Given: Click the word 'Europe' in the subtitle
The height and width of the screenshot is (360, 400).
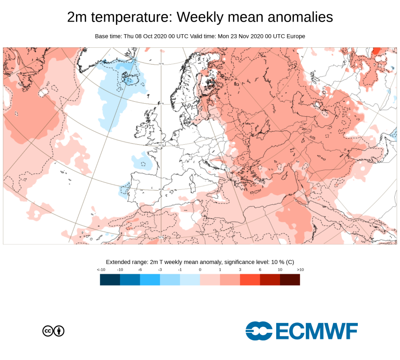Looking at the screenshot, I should [x=295, y=36].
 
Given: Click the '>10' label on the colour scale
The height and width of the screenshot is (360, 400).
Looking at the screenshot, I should [x=300, y=270].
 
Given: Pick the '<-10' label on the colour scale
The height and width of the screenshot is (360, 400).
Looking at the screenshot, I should [x=100, y=270].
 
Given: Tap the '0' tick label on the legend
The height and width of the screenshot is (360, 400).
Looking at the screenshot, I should [x=200, y=270].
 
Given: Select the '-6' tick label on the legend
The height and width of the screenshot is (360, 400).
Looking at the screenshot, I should [x=140, y=270].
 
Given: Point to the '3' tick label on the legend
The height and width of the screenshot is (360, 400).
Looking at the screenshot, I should [x=240, y=270].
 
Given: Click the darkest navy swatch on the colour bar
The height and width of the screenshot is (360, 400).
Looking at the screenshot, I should [x=110, y=280].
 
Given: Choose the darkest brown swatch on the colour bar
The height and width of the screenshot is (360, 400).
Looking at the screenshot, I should [x=290, y=280].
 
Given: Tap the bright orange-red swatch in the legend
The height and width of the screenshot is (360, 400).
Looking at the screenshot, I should [x=250, y=280].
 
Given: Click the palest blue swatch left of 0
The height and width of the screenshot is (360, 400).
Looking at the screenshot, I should [x=190, y=280].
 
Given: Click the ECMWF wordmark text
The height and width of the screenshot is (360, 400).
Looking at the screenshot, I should [x=317, y=331].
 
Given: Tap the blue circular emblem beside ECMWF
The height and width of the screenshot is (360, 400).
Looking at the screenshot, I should [x=259, y=331].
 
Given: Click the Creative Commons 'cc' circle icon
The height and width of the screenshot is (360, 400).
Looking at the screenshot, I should [x=48, y=331].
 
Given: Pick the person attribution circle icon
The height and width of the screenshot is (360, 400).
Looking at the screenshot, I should [x=59, y=331].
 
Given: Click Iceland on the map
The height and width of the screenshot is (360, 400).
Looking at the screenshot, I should [x=128, y=79].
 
